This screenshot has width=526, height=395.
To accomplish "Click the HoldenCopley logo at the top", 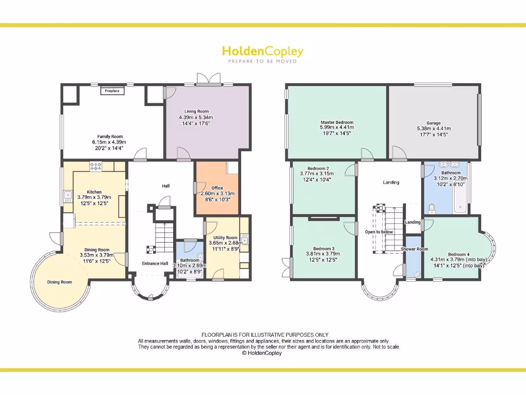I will coord(262,51).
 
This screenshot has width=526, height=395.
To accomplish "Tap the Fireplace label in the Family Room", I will coord(112,91).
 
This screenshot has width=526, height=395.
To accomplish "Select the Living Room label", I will coord(196,111).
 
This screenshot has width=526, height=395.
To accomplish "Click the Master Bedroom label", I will coord(336,122).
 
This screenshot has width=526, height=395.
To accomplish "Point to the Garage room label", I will coord(434,123).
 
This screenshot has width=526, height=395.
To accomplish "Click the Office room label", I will coord(216,188).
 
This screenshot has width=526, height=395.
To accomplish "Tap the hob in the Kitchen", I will coord(96,166).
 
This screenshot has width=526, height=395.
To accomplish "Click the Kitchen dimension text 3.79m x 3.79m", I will coord(94,197).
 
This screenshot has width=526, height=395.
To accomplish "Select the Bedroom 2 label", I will coord(318,168).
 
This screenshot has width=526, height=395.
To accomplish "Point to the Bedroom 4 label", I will coord(458,254).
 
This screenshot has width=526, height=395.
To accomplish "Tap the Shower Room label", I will coord(415,249).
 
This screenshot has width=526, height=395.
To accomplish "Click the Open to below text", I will coord(380,232).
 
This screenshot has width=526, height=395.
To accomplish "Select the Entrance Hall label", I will coord(155,263).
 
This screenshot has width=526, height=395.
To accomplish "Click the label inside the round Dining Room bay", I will coord(60,282).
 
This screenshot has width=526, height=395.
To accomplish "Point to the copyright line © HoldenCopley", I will coord(262,353).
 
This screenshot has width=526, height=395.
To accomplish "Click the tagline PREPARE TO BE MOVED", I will coord(262,61).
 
